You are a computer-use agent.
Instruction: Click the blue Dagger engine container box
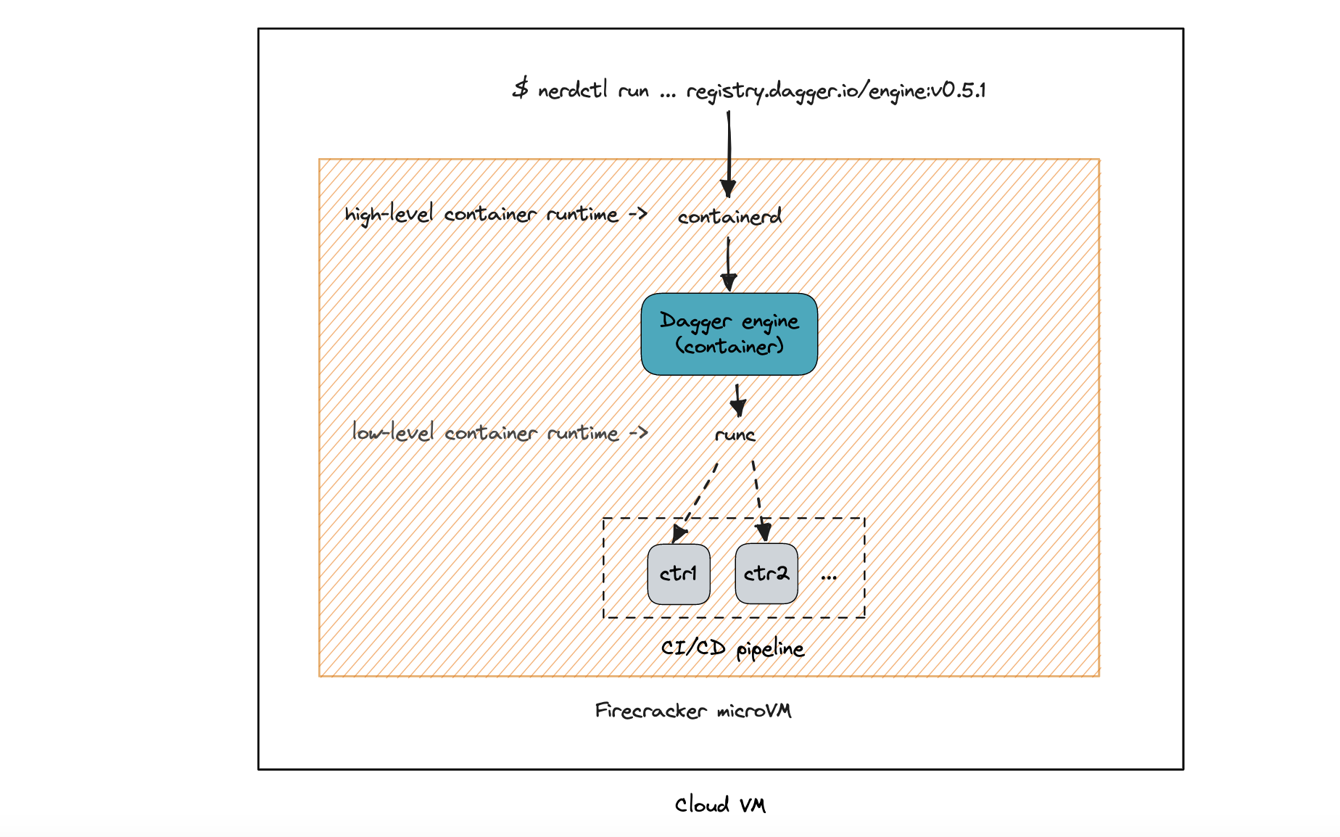tap(729, 334)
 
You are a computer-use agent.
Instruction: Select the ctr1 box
tap(679, 574)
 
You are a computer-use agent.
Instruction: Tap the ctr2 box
tap(766, 574)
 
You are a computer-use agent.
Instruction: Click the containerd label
tap(729, 216)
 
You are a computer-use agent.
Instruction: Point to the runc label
tap(735, 434)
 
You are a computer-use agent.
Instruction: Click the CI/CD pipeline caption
tap(732, 648)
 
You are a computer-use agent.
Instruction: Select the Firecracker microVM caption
tap(693, 710)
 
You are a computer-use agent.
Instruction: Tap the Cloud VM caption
tap(720, 804)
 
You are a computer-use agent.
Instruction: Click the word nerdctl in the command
tap(573, 90)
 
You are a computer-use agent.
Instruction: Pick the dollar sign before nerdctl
tap(521, 89)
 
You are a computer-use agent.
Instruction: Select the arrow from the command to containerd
tap(729, 154)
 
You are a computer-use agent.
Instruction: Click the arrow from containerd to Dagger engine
tap(729, 265)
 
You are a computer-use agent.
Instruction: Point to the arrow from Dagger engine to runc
tap(737, 400)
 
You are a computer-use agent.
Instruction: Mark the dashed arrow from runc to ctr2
tap(758, 501)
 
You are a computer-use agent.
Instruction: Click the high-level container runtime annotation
tap(496, 215)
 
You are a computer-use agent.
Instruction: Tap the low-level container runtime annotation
tap(500, 432)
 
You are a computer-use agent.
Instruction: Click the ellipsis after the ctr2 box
tap(829, 578)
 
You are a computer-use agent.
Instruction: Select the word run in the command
tap(634, 91)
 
